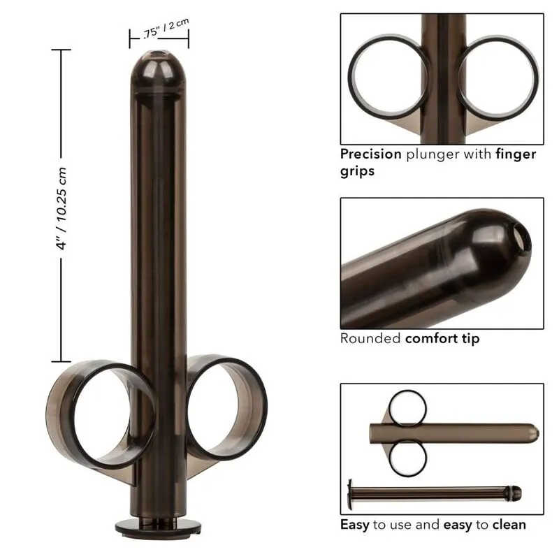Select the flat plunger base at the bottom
pos(158,526)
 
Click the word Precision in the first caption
pos(370,154)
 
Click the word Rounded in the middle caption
pos(371,339)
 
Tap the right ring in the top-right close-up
pos(498,77)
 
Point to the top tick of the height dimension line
pos(61,50)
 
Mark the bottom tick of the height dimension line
pos(61,361)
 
